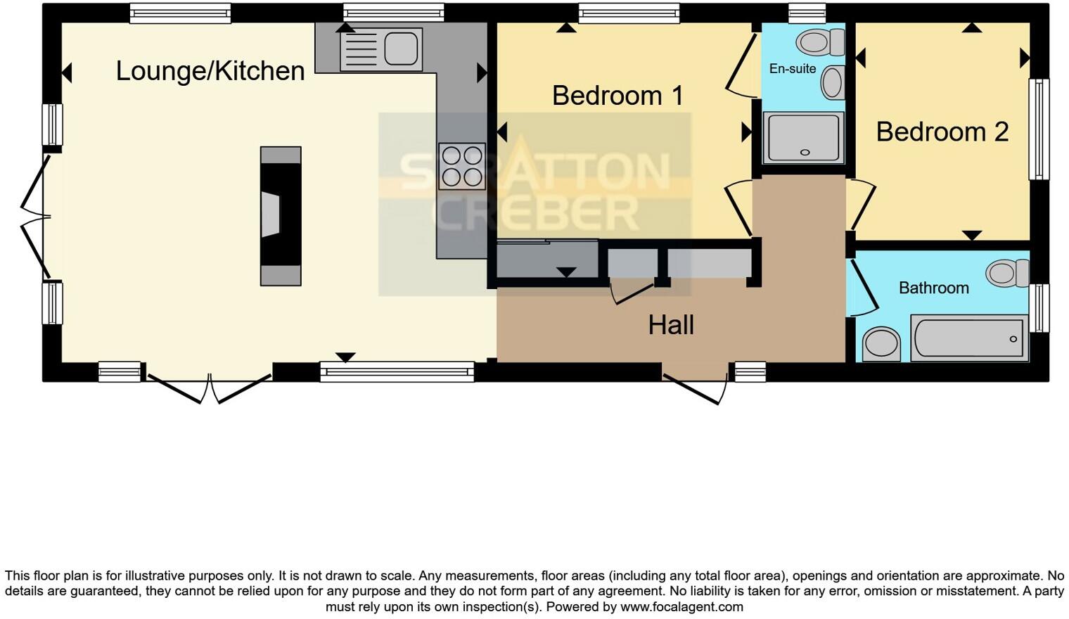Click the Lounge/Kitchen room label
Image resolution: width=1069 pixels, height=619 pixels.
click(210, 71)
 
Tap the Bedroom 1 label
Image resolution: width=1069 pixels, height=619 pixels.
click(617, 96)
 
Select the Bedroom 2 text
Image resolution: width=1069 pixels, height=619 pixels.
click(942, 132)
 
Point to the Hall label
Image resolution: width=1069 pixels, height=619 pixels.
click(671, 325)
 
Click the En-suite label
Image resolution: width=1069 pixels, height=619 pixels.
click(793, 69)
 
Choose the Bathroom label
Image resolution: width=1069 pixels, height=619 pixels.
click(933, 288)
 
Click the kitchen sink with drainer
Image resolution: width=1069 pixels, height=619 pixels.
click(381, 49)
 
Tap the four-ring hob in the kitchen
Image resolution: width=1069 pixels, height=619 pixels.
click(462, 166)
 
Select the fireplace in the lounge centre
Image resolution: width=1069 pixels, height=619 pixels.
click(281, 216)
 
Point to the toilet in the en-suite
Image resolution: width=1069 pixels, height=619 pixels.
click(820, 42)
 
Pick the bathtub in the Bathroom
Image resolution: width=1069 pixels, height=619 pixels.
click(969, 338)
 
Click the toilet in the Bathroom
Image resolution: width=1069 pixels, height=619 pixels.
click(1007, 273)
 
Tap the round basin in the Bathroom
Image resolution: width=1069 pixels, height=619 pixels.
click(881, 344)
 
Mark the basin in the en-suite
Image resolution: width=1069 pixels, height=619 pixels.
click(833, 83)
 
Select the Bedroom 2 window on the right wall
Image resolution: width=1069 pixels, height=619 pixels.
click(1039, 129)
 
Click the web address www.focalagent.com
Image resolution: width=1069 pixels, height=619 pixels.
click(681, 606)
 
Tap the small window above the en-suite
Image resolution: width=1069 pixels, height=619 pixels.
click(806, 13)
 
